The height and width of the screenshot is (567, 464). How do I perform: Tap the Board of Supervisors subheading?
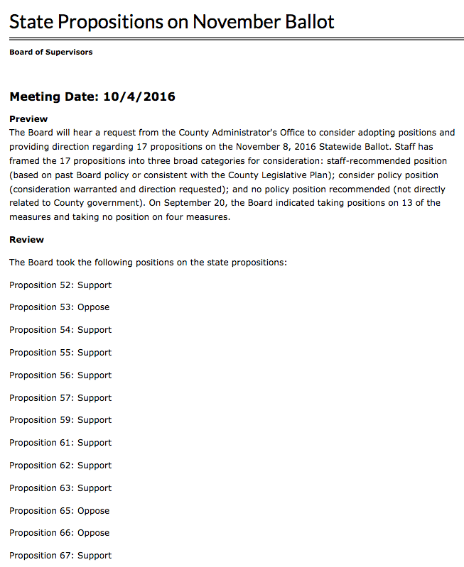click(50, 52)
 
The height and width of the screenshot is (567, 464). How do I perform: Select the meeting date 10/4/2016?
click(139, 97)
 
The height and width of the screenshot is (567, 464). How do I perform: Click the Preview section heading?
click(28, 119)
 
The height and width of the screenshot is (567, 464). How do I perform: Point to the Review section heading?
click(26, 239)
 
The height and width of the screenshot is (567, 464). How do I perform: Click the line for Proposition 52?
click(60, 285)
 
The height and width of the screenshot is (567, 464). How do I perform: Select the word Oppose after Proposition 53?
click(93, 307)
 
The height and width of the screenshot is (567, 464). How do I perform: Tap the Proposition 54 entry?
click(60, 330)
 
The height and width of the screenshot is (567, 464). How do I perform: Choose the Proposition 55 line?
click(60, 353)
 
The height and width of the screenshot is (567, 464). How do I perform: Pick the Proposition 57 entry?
click(60, 398)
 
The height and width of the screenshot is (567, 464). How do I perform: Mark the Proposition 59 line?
click(60, 420)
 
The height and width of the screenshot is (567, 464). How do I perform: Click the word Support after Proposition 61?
click(95, 443)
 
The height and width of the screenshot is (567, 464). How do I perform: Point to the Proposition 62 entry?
click(60, 466)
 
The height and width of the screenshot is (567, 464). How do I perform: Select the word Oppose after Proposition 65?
click(93, 511)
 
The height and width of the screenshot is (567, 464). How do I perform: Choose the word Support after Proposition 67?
click(95, 556)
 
